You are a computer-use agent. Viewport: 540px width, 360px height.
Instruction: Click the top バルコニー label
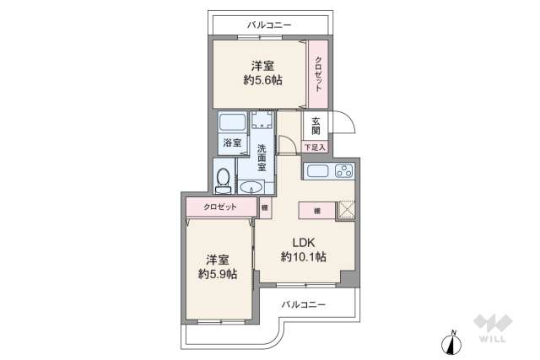click(x=269, y=25)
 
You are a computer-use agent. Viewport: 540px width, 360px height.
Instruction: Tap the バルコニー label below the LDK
click(x=303, y=304)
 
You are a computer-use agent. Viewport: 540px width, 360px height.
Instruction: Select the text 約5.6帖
click(x=262, y=80)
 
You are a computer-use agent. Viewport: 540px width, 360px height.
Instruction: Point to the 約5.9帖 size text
click(x=217, y=274)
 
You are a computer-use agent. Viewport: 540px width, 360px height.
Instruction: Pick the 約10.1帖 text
click(x=304, y=256)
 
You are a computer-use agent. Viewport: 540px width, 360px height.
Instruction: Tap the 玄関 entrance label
click(x=315, y=126)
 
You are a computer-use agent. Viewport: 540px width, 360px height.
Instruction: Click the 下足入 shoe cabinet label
click(x=314, y=148)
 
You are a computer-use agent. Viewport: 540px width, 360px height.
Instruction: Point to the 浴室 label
click(x=231, y=143)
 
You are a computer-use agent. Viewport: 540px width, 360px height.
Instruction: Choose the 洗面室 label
click(x=262, y=157)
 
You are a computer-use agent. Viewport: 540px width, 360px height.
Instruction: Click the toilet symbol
click(x=224, y=179)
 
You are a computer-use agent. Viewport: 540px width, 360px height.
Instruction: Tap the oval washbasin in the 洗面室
click(x=251, y=187)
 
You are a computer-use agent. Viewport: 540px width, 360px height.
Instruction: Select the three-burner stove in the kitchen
click(x=343, y=173)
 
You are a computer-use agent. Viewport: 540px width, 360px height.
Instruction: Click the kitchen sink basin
click(x=317, y=173)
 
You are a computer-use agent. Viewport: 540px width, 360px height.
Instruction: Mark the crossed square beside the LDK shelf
click(x=347, y=210)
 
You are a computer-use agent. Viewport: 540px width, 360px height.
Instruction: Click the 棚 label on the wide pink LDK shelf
click(x=316, y=211)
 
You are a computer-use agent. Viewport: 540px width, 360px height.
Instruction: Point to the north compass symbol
click(x=453, y=344)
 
